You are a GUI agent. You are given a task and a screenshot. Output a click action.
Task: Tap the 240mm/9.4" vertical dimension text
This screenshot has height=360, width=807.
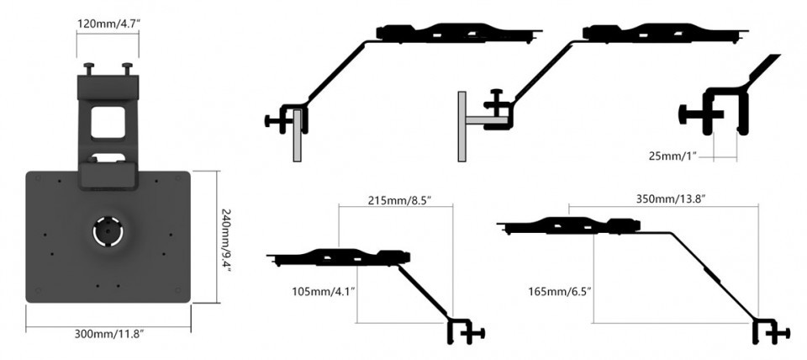[x=224, y=238]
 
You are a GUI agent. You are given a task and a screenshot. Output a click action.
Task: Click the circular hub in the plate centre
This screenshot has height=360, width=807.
[x=108, y=231]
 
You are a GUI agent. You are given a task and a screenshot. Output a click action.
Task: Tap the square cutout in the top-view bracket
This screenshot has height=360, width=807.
[x=108, y=120]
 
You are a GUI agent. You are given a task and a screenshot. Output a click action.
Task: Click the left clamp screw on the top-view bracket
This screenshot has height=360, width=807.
[x=87, y=67]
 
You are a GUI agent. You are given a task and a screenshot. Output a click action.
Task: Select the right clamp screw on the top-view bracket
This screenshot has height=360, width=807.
[x=127, y=67]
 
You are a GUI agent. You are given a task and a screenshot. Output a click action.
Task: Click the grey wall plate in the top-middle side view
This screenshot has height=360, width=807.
[x=462, y=125]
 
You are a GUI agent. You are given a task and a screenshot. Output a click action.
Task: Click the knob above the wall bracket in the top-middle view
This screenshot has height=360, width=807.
[x=497, y=95]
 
